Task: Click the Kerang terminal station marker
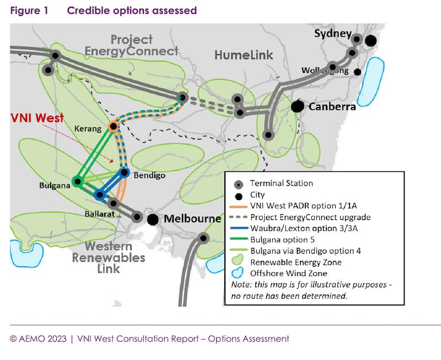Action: [x=113, y=126]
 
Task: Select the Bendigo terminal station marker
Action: [x=124, y=173]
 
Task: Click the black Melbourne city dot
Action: [x=153, y=219]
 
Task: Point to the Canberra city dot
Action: [x=298, y=105]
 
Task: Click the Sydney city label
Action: [x=332, y=34]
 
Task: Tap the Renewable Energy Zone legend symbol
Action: [x=239, y=262]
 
